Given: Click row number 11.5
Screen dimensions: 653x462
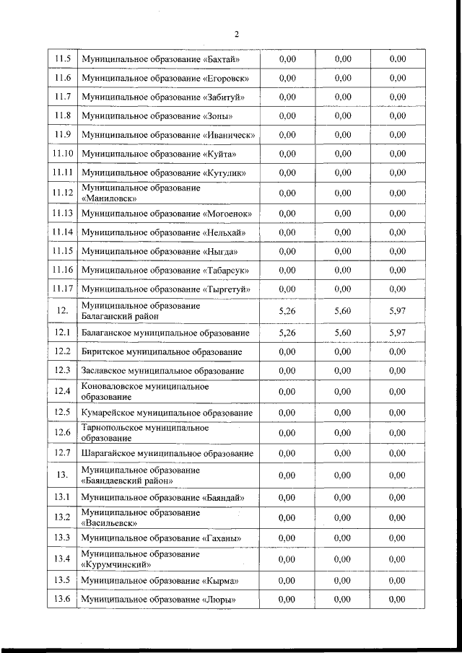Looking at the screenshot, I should pos(63,58).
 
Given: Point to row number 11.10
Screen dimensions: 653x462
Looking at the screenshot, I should pos(63,154).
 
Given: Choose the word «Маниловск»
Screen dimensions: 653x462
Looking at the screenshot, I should pos(109,198).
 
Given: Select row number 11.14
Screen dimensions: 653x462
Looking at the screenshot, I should pos(63,232).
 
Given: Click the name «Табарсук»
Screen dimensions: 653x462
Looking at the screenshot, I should pos(227,271).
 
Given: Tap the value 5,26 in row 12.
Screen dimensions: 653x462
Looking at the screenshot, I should pos(287,311).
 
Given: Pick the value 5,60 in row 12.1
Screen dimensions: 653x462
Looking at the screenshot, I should pos(343,333).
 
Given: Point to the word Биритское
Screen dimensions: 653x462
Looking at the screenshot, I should pos(103,351).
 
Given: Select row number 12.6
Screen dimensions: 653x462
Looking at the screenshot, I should pos(63,432).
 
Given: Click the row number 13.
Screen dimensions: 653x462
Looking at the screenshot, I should pos(63,475).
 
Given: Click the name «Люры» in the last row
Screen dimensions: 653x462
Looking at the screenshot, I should pos(219,600).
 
